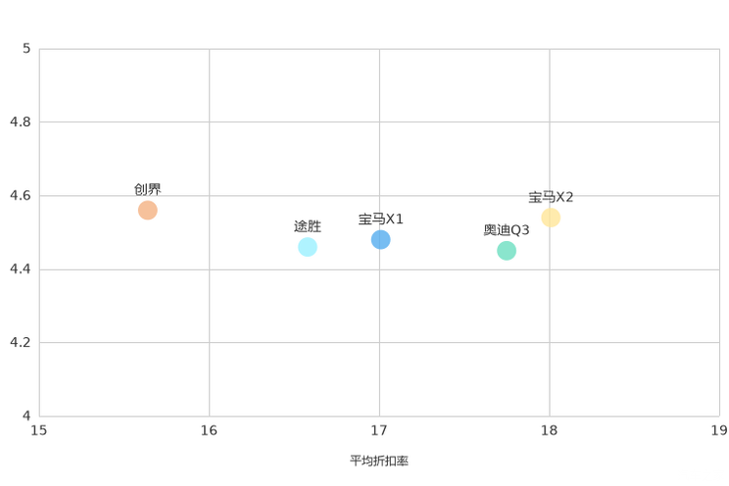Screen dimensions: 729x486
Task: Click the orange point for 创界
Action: [x=147, y=211]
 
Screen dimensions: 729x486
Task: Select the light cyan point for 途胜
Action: [x=308, y=247]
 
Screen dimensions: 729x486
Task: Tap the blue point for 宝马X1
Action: [x=380, y=239]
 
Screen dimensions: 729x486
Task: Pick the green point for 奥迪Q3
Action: [x=507, y=251]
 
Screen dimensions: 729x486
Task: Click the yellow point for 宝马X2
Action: [x=551, y=218]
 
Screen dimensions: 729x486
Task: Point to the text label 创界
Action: [x=147, y=189]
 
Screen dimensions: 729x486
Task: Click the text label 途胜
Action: [x=308, y=226]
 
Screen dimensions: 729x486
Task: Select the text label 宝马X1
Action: [x=380, y=219]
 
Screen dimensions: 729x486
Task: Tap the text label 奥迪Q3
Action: [x=507, y=229]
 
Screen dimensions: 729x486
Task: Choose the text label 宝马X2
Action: [x=551, y=197]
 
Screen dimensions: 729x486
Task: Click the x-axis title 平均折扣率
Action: [x=379, y=461]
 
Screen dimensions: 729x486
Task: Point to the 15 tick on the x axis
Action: [x=38, y=430]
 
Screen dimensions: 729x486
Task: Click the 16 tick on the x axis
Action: [x=209, y=430]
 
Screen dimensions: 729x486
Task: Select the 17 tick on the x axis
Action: [x=379, y=430]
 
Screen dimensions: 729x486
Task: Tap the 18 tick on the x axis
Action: [x=549, y=430]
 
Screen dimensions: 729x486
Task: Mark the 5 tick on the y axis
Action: [x=26, y=48]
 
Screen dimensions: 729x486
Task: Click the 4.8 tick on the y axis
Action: [x=21, y=121]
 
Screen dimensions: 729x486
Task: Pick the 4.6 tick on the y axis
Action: [x=21, y=195]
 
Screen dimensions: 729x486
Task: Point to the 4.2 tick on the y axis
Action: [x=21, y=342]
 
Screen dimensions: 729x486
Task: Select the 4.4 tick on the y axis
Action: [x=21, y=268]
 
